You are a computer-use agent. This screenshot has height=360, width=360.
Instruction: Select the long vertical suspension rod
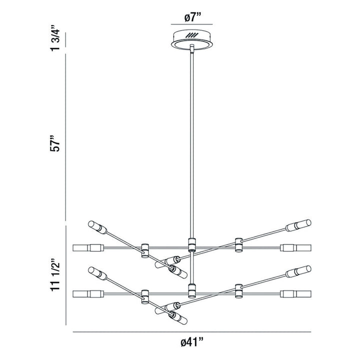(191, 145)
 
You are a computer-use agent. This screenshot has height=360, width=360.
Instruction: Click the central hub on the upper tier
(191, 244)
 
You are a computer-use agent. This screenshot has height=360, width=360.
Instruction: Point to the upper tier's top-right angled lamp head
(299, 225)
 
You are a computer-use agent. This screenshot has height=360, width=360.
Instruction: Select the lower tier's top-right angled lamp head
(299, 271)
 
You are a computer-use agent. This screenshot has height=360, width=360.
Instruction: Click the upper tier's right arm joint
(238, 244)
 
